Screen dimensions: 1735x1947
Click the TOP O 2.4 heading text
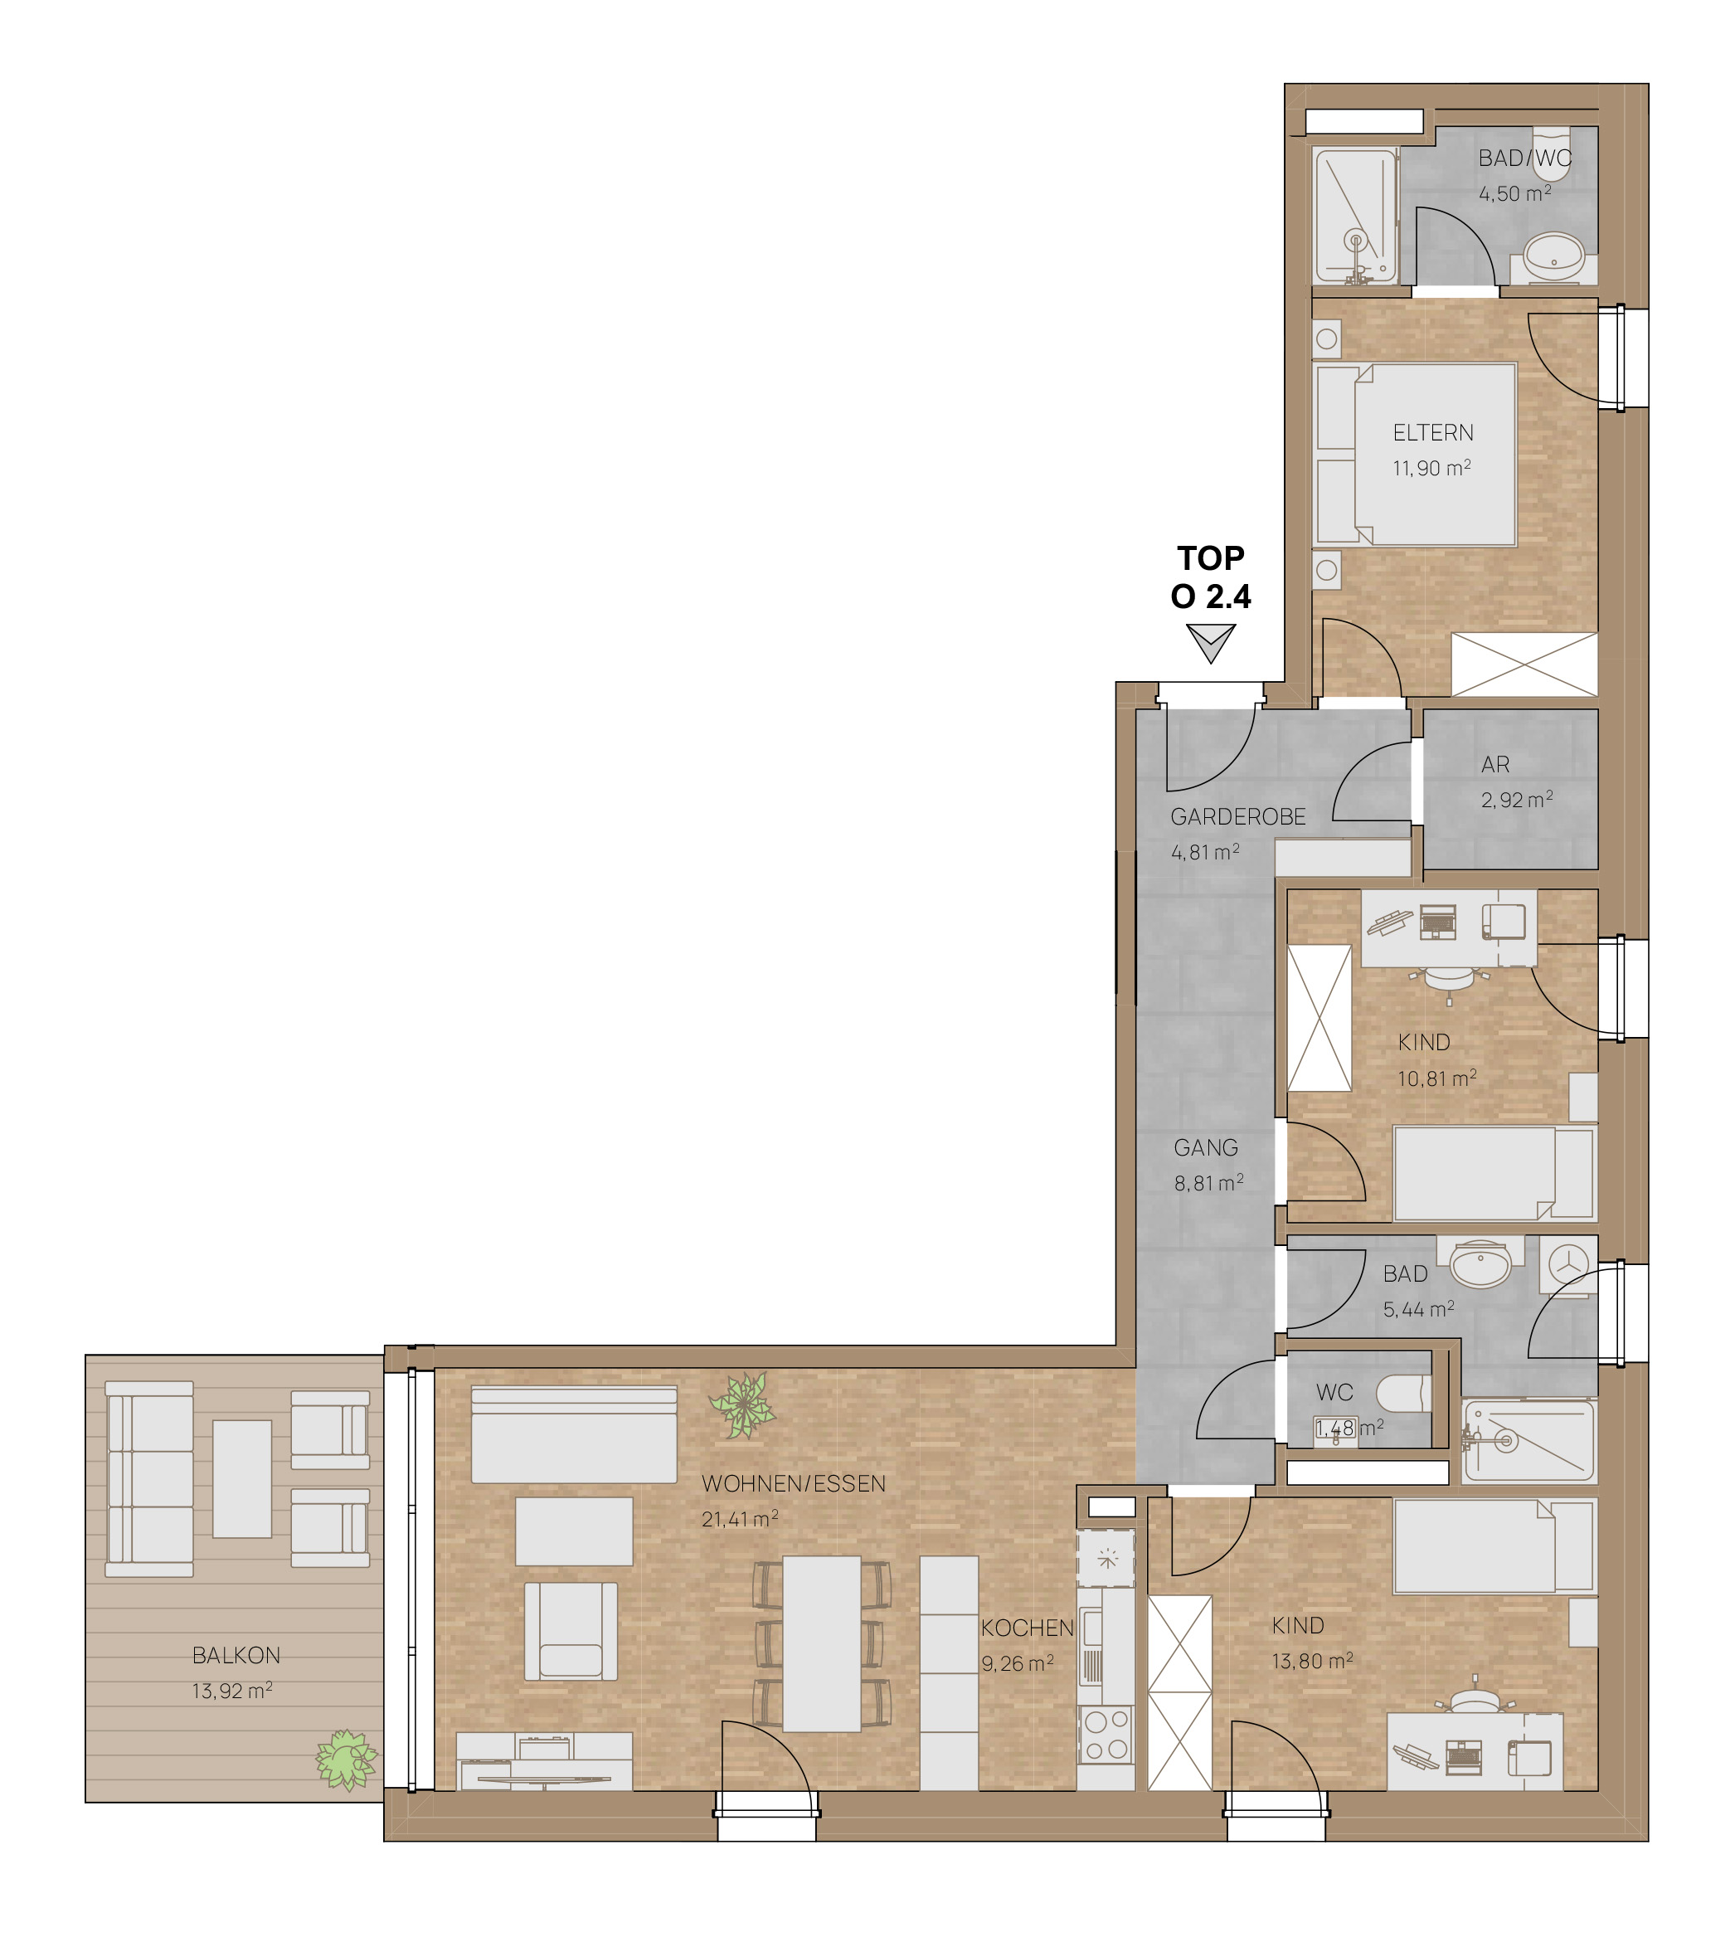click(1211, 577)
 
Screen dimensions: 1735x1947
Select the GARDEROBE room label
click(1238, 817)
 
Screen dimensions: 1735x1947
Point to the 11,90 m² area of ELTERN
click(1431, 468)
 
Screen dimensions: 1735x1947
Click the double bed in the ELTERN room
click(1415, 455)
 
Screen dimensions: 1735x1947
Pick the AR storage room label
click(1495, 765)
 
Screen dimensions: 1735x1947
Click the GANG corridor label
click(1206, 1148)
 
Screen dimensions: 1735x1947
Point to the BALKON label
click(236, 1655)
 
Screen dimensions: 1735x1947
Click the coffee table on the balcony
click(242, 1479)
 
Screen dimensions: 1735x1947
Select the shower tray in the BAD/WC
click(1354, 217)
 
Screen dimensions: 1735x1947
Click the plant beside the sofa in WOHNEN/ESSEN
click(741, 1405)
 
